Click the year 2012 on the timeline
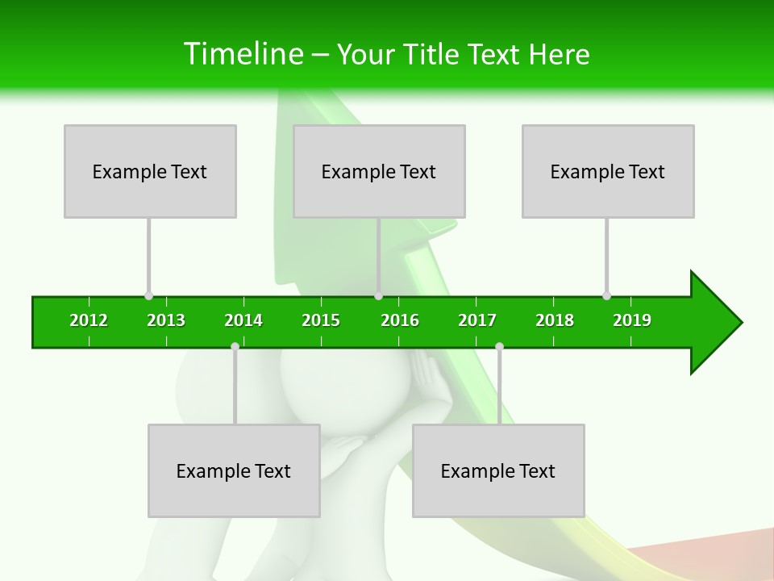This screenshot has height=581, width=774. pos(89,320)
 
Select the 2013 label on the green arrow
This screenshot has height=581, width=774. pos(166,320)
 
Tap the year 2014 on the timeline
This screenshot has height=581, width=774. pos(243,320)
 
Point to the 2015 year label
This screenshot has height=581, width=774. pos(321,320)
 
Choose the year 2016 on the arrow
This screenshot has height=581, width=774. pos(400,320)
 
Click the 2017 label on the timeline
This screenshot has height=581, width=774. pos(477,320)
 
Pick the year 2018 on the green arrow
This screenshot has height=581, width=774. pos(555,320)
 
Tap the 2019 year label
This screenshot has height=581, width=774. pos(632,320)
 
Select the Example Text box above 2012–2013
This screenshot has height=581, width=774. pos(150,171)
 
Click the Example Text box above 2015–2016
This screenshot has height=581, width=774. pos(379,171)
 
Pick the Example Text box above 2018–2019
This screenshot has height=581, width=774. pos(608,171)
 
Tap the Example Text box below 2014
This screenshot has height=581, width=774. pos(234,470)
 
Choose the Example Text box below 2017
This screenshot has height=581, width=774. pos(498,470)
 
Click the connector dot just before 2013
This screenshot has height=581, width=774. pos(148,295)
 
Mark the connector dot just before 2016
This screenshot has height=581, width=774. pos(378,295)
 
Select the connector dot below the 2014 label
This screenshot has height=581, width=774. pos(235,346)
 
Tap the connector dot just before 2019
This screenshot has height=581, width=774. pos(606,295)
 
